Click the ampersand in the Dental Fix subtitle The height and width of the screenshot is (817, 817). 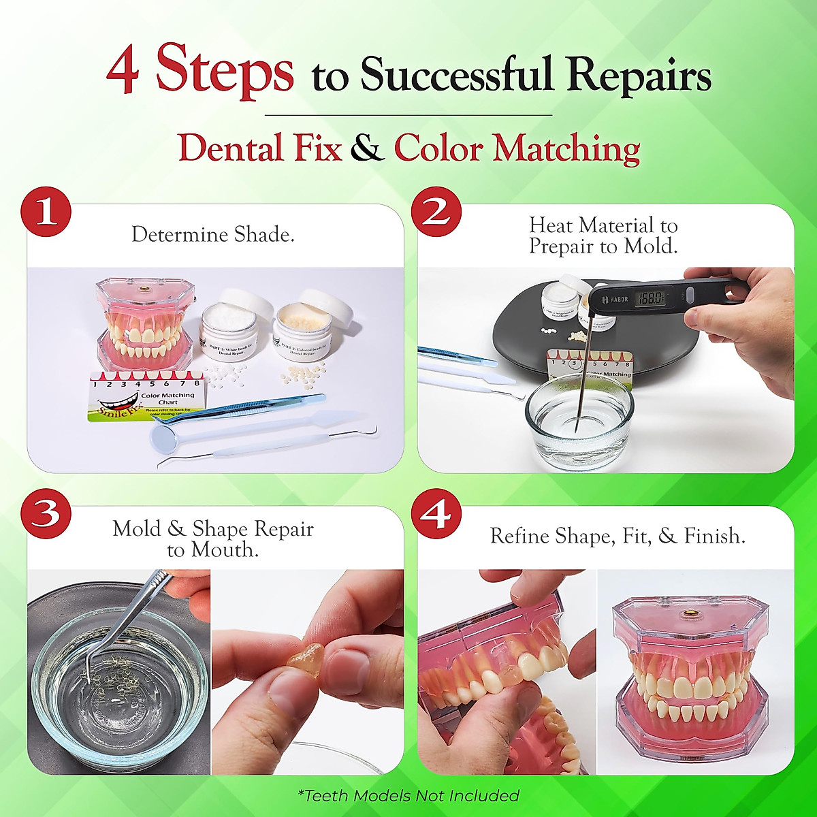pos(368,148)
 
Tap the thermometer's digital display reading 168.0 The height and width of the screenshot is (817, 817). pos(652,297)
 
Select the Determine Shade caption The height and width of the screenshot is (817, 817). pos(213,235)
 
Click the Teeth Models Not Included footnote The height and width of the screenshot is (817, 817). pos(408,795)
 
